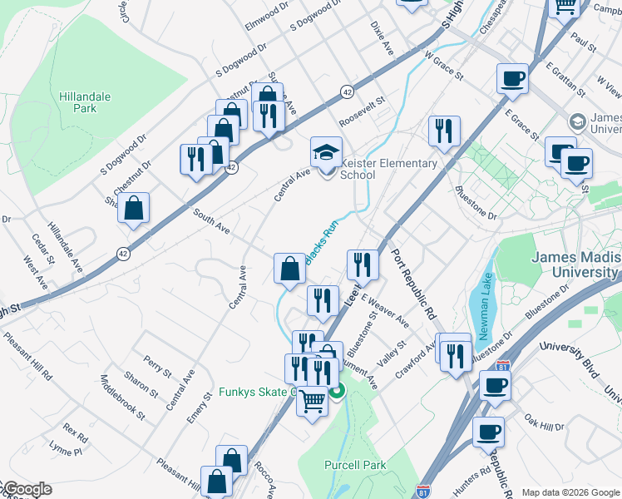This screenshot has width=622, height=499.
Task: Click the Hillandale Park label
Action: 85,102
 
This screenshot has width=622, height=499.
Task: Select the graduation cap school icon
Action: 326,152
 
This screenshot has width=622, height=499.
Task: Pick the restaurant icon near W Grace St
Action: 444,131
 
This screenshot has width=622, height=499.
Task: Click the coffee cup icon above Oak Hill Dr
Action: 495,385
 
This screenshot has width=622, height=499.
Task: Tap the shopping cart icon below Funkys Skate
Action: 312,402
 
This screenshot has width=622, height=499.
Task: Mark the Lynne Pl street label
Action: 66,450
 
